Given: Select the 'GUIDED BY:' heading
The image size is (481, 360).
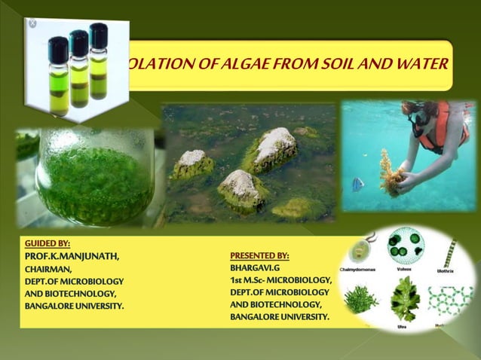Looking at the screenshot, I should (x=47, y=243).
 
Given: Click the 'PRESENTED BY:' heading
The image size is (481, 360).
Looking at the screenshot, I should (x=259, y=256).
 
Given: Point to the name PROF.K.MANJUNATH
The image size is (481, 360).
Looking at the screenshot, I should (x=72, y=256).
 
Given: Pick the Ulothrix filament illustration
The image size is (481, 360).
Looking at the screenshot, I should (x=451, y=252).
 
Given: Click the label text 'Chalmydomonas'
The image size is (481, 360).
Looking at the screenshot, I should (x=363, y=268).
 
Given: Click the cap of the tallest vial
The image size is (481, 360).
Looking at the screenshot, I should (x=98, y=35).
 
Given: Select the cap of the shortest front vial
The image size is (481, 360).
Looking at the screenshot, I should (x=59, y=47).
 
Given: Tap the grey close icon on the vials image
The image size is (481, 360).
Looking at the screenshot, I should (x=32, y=24).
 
